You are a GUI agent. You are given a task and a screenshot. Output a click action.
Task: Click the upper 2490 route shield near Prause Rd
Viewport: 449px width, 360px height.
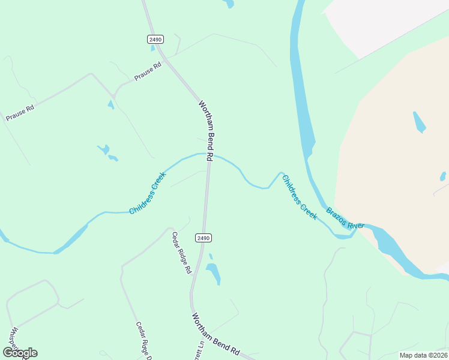154,39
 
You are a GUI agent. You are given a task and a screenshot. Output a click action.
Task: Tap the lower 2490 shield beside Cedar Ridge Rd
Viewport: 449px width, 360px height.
203,238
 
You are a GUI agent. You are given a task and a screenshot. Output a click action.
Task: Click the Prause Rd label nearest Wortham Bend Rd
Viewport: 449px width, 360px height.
148,72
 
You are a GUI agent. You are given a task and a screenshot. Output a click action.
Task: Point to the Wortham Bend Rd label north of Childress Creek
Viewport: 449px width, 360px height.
206,130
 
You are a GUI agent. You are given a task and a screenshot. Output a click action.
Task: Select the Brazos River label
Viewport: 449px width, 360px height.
345,218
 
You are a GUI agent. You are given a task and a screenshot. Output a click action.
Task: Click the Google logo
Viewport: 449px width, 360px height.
20,353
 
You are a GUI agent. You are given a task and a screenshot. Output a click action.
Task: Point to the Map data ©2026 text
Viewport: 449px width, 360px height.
423,355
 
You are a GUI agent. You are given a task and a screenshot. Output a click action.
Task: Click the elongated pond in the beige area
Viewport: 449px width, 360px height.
419,122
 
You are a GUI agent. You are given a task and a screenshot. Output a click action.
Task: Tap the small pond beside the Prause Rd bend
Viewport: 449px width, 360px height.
110,105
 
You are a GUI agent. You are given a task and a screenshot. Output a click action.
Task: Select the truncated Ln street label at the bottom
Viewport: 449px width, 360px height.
199,350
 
